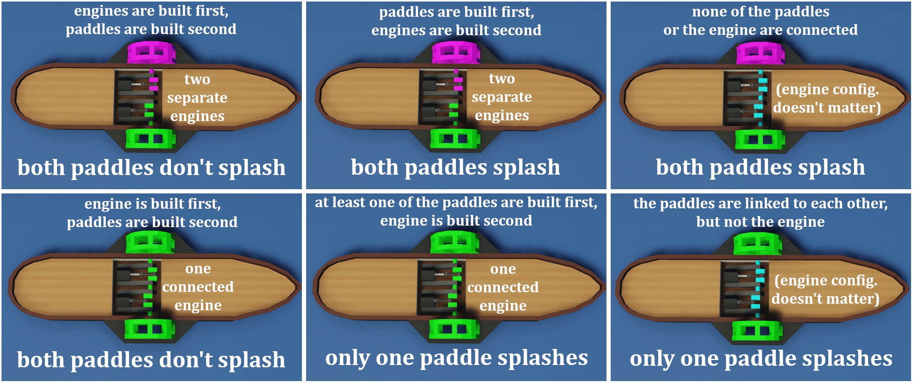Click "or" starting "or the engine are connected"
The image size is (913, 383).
point(671,30)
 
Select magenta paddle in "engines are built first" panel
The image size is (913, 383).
point(151,52)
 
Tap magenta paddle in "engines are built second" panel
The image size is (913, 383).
point(456,52)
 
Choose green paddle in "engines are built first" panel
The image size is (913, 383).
point(151,138)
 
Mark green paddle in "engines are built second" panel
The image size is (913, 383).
point(455,138)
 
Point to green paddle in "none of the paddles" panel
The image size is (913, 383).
point(760,139)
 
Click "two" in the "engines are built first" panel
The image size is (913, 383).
point(197,79)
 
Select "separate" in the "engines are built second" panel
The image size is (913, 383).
point(502,97)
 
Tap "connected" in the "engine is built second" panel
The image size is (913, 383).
point(503,287)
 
